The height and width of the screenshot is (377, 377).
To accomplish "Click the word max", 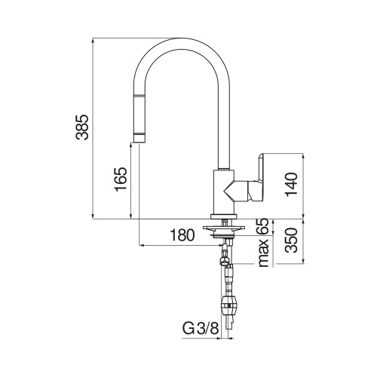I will point(263,255).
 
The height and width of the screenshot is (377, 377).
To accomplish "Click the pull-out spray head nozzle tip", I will point(139,136).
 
